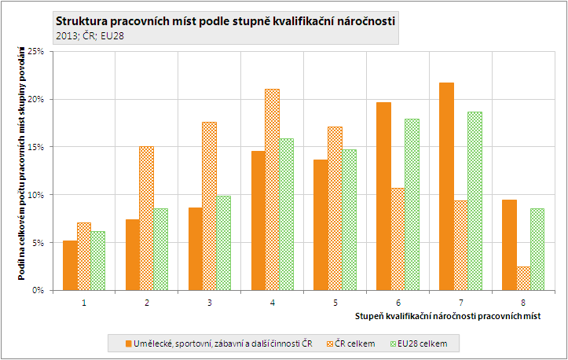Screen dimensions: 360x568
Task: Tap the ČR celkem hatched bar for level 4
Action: [x=272, y=189]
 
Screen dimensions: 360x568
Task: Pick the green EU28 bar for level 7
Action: [x=475, y=200]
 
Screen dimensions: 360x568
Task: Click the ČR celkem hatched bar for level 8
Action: [x=523, y=278]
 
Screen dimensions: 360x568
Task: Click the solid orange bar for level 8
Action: [x=509, y=244]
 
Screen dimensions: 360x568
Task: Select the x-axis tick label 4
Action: [x=272, y=302]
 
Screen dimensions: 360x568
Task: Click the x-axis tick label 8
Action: [x=522, y=302]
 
